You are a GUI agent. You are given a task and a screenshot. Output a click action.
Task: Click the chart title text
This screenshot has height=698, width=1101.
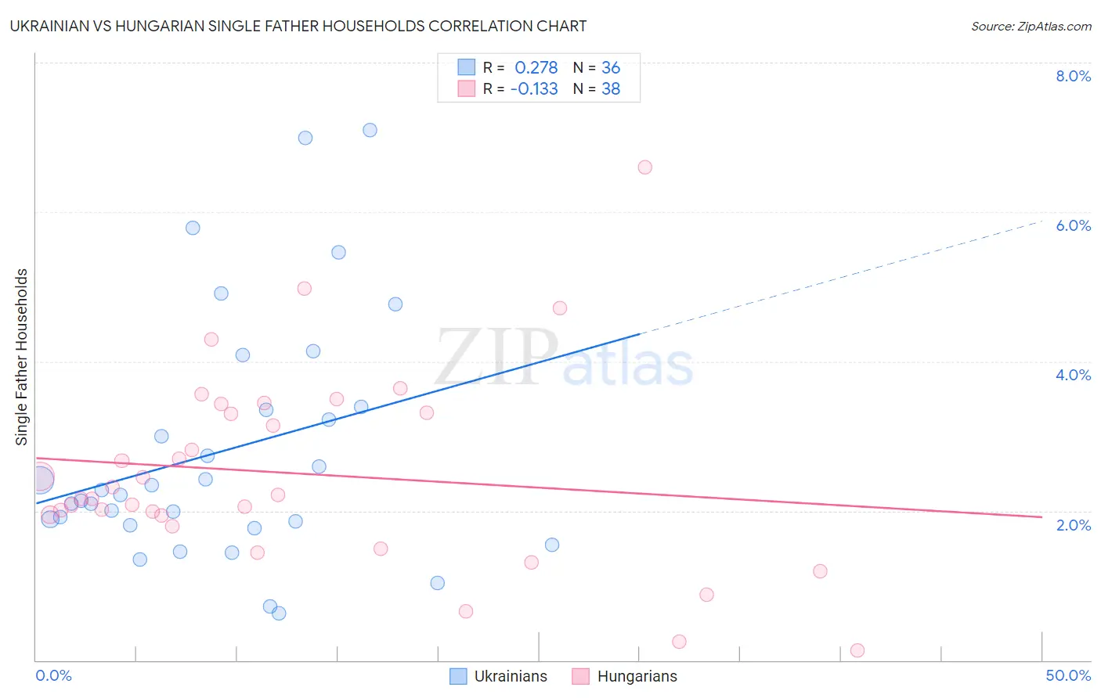pyautogui.click(x=298, y=26)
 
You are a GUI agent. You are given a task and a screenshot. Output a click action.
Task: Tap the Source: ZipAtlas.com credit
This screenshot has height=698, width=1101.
pyautogui.click(x=1031, y=27)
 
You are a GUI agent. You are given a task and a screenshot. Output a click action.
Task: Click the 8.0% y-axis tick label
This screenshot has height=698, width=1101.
pyautogui.click(x=1073, y=76)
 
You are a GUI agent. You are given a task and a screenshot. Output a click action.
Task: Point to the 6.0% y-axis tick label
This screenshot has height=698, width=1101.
pyautogui.click(x=1073, y=225)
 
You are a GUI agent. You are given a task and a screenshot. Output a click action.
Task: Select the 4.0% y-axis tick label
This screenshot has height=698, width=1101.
pyautogui.click(x=1073, y=375)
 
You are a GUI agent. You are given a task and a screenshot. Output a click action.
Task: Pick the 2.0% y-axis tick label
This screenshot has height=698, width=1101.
pyautogui.click(x=1073, y=525)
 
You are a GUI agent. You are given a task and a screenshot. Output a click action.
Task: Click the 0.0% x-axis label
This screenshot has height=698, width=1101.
pyautogui.click(x=53, y=675)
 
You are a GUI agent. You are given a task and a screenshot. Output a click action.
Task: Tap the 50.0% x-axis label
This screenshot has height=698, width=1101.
pyautogui.click(x=1068, y=675)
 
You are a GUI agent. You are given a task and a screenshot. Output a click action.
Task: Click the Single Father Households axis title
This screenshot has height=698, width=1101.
pyautogui.click(x=22, y=357)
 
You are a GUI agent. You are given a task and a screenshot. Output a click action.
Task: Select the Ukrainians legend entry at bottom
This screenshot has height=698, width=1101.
pyautogui.click(x=499, y=676)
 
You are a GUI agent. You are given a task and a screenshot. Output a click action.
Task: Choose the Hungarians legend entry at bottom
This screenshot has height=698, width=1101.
pyautogui.click(x=625, y=676)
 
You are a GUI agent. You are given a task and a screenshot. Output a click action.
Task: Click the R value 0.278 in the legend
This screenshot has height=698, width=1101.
pyautogui.click(x=536, y=68)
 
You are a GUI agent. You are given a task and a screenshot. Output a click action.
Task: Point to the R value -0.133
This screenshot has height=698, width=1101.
pyautogui.click(x=534, y=89)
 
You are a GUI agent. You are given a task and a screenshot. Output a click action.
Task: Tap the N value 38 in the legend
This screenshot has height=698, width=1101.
pyautogui.click(x=611, y=89)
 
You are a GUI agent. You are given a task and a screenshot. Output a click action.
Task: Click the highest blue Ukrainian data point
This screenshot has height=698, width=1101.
pyautogui.click(x=370, y=130)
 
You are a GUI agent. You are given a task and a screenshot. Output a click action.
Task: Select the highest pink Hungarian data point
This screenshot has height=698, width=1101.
pyautogui.click(x=644, y=167)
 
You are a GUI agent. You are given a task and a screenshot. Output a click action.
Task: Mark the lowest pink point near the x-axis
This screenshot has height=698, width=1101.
pyautogui.click(x=857, y=650)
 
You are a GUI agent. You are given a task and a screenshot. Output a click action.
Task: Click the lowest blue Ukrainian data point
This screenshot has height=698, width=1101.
pyautogui.click(x=279, y=613)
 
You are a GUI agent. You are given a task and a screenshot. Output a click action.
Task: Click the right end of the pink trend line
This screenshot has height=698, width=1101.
pyautogui.click(x=1041, y=516)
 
